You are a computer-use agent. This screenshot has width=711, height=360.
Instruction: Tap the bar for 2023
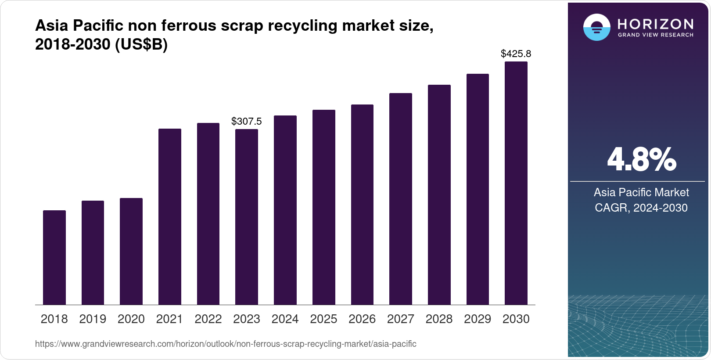click(x=247, y=217)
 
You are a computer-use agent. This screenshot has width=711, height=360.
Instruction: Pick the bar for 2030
click(x=516, y=183)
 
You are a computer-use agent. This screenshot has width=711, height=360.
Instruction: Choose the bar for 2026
click(x=362, y=205)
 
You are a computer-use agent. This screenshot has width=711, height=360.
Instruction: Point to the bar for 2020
click(x=131, y=251)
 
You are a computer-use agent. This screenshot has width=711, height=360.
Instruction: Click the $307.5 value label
click(x=247, y=121)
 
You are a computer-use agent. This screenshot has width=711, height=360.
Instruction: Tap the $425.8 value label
click(x=516, y=54)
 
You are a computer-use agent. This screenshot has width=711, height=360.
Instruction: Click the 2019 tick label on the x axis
click(x=93, y=319)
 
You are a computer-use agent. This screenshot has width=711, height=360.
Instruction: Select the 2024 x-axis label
click(x=285, y=319)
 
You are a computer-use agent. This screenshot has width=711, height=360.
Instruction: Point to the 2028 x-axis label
click(x=439, y=319)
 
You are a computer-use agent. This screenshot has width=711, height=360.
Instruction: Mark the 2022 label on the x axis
click(x=208, y=319)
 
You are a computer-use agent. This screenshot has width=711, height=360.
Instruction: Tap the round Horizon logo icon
click(x=596, y=27)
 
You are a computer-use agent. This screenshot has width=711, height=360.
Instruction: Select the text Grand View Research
click(x=656, y=35)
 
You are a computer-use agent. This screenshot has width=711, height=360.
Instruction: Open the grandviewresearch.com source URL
click(x=226, y=344)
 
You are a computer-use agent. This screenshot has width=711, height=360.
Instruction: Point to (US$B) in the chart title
click(x=141, y=45)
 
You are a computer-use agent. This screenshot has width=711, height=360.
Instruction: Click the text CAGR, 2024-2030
click(x=641, y=208)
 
